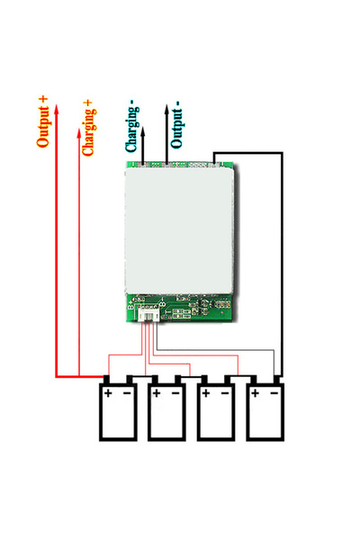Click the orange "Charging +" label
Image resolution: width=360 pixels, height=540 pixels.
point(88,128)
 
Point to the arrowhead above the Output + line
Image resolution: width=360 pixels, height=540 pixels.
point(57,105)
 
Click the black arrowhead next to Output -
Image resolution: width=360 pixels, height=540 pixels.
point(166,106)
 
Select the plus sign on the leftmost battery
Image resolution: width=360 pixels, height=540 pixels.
point(108,393)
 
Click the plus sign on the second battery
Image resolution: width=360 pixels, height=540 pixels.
point(157,393)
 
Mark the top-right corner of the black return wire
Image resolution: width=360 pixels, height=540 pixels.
point(283,152)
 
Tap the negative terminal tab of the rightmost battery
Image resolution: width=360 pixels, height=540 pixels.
point(277,378)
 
